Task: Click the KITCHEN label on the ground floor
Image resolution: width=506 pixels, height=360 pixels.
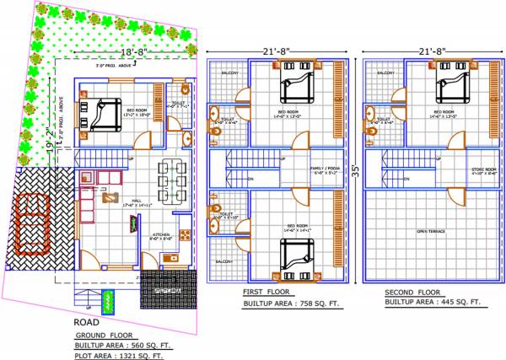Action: coord(161,237)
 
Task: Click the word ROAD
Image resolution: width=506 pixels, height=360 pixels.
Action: coord(87,321)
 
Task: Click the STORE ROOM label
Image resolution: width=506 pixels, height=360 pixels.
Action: coord(482,170)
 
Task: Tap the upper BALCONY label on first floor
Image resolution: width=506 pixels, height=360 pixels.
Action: coord(229,73)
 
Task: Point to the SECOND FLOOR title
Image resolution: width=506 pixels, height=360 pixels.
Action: coord(414,291)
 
